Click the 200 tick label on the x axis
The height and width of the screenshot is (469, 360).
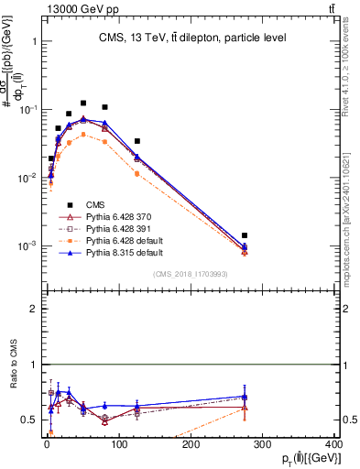point(191,448)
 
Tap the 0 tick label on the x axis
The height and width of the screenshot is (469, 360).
point(46,448)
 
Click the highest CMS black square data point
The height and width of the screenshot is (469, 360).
point(83,104)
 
